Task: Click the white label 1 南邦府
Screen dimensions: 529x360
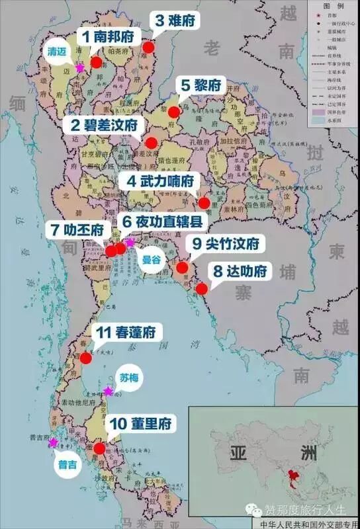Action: click(x=110, y=36)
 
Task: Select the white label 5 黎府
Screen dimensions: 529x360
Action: click(x=200, y=85)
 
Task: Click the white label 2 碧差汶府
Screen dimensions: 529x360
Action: click(x=105, y=125)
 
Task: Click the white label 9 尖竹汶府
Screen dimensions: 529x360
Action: click(x=226, y=244)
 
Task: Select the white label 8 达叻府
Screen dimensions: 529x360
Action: click(x=240, y=271)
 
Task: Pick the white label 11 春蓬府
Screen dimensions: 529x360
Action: click(x=126, y=334)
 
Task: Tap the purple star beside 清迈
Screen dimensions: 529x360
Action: click(x=80, y=67)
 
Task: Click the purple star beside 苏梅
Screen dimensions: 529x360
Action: click(x=109, y=391)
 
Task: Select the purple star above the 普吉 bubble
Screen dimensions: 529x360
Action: click(x=54, y=442)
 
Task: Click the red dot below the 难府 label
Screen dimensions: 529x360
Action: click(x=148, y=48)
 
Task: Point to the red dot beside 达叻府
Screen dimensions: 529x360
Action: click(x=202, y=288)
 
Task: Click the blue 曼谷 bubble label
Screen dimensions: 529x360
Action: click(x=152, y=260)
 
